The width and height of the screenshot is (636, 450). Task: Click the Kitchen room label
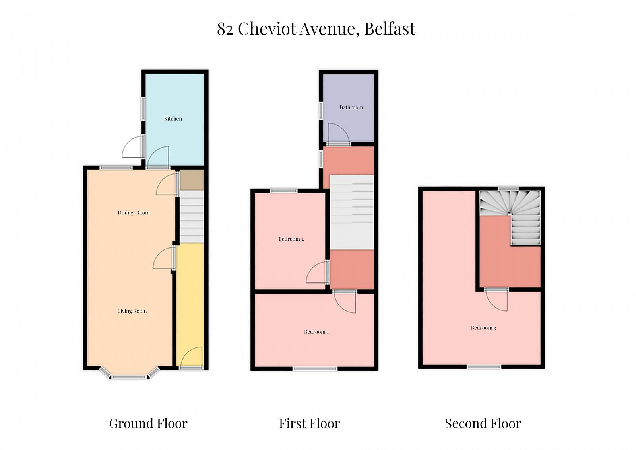[173, 119]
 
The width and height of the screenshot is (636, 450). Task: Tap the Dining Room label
[134, 212]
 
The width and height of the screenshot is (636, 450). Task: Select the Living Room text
[132, 311]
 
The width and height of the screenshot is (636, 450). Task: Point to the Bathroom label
[351, 107]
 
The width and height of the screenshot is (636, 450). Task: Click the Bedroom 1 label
[316, 332]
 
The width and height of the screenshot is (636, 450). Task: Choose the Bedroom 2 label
[291, 239]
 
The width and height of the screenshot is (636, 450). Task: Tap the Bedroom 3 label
[483, 328]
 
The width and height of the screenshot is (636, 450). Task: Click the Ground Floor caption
[148, 423]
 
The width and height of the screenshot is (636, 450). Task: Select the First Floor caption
[310, 423]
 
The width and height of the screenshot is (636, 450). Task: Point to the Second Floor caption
[483, 423]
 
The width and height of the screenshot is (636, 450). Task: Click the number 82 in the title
[225, 29]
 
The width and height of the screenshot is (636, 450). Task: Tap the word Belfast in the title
[390, 28]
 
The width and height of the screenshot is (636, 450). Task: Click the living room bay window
[130, 374]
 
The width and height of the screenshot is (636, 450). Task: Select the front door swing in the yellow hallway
[191, 357]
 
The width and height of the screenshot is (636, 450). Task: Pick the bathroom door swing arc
[339, 133]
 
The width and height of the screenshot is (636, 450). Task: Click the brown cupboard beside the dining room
[192, 180]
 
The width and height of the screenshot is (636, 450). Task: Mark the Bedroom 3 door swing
[496, 300]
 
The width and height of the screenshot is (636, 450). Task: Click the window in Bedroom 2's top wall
[283, 191]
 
